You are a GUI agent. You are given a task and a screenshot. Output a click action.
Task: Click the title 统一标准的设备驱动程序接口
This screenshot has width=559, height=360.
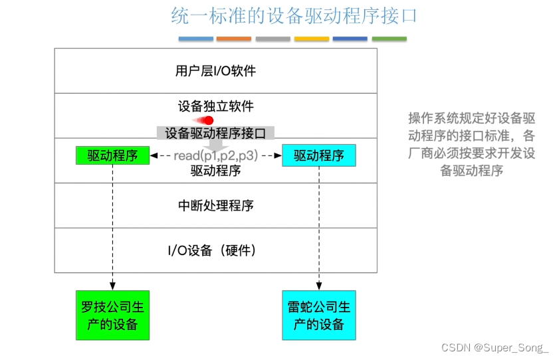point(294,16)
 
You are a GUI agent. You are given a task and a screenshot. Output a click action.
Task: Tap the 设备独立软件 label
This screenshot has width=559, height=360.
point(215,106)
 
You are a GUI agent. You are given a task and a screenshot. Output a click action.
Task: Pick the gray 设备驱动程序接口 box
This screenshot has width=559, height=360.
point(215,133)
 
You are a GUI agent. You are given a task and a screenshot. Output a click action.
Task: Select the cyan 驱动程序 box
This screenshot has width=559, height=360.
point(319,155)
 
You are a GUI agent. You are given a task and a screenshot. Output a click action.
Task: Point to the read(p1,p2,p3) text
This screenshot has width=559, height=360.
point(215,155)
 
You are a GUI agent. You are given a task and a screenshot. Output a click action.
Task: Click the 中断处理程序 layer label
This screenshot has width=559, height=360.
point(215,205)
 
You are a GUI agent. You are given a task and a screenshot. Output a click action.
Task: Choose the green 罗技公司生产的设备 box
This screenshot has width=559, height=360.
point(112,315)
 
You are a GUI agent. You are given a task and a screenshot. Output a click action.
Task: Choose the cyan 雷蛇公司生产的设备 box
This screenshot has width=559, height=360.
point(319,315)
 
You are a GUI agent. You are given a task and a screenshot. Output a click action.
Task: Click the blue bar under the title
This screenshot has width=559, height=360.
point(195,39)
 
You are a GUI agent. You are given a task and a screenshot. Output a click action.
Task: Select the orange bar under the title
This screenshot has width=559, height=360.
point(234,39)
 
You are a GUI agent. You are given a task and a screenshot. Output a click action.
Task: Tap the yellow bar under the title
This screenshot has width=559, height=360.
point(311,39)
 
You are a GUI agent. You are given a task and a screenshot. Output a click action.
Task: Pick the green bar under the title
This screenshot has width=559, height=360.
point(389,39)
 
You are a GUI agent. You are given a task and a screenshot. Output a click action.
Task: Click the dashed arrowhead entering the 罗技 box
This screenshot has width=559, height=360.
point(112,286)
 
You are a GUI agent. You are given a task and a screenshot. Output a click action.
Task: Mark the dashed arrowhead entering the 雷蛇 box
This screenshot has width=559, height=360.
point(319,286)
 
